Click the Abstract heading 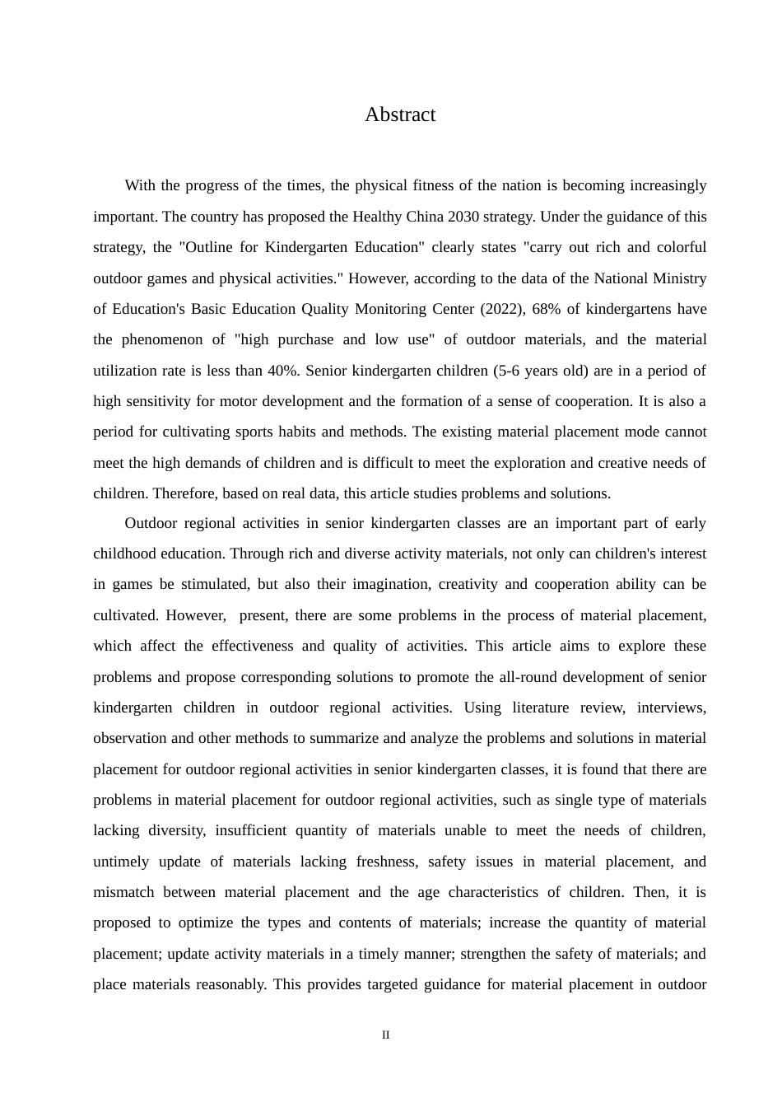point(400,114)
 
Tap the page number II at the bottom point(385,1035)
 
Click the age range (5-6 point(507,371)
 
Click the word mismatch point(123,892)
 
